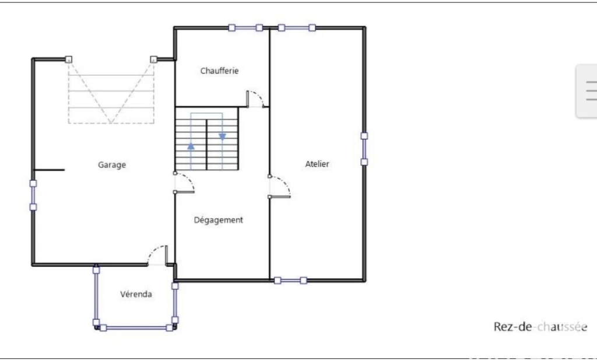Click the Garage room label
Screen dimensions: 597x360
[112, 165]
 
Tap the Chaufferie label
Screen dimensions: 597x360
[219, 71]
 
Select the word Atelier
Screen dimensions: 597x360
[317, 164]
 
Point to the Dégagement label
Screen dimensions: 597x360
[218, 220]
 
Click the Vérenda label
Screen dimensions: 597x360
[136, 294]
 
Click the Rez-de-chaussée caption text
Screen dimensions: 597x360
[540, 327]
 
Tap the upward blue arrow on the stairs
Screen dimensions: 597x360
[191, 145]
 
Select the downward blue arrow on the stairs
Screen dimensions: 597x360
[222, 137]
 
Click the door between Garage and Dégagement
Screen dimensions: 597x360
[184, 183]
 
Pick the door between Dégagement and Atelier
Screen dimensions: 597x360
[279, 187]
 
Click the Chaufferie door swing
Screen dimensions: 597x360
[255, 99]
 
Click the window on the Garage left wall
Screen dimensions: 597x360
[33, 195]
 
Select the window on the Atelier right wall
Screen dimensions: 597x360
[364, 149]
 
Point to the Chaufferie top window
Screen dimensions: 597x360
[245, 27]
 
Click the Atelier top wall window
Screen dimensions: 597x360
[297, 27]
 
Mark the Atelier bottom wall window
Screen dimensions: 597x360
[290, 281]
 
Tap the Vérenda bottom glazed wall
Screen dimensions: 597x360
[136, 328]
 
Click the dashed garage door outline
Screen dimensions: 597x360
[111, 92]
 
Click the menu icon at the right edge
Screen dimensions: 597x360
[591, 90]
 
